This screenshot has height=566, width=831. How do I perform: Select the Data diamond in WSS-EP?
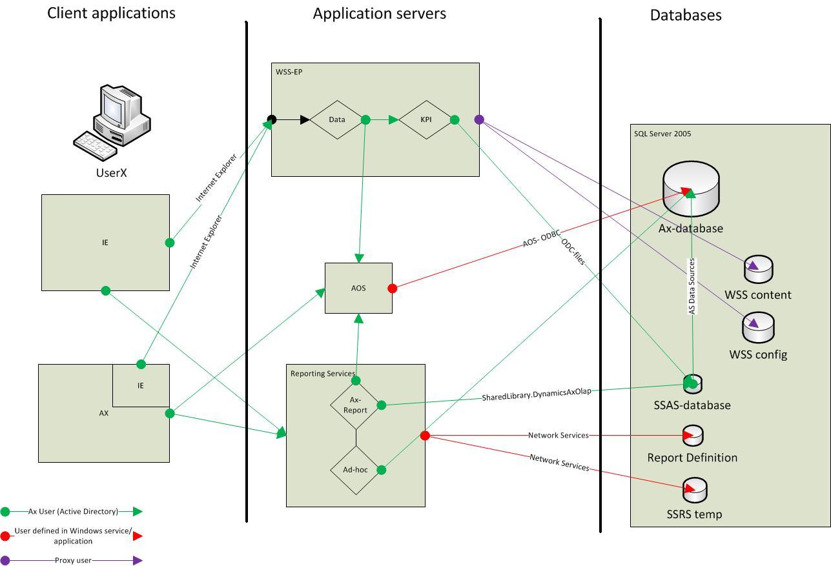(x=336, y=119)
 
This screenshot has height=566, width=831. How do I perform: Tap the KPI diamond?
(x=426, y=119)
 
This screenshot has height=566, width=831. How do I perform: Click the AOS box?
(x=358, y=288)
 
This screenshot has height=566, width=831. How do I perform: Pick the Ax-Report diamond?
(x=355, y=405)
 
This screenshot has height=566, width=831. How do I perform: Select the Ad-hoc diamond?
(x=355, y=470)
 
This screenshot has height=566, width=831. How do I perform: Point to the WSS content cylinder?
(x=758, y=269)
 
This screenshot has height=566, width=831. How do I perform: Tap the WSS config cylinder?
(x=758, y=328)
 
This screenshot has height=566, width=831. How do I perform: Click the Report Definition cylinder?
(x=693, y=436)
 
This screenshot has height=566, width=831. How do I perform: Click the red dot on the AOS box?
(x=392, y=288)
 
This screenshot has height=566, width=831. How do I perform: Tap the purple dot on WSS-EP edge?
(x=479, y=119)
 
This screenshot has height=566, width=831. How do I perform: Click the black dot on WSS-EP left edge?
(x=272, y=119)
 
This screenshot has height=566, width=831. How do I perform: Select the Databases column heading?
(x=685, y=15)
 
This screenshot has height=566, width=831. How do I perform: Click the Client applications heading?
(x=111, y=13)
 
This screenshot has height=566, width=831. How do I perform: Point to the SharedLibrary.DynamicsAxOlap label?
(x=536, y=395)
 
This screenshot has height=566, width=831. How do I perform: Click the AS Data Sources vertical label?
(x=692, y=286)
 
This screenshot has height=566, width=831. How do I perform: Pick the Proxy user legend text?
(x=75, y=560)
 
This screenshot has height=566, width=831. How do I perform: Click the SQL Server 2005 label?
(x=662, y=134)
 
